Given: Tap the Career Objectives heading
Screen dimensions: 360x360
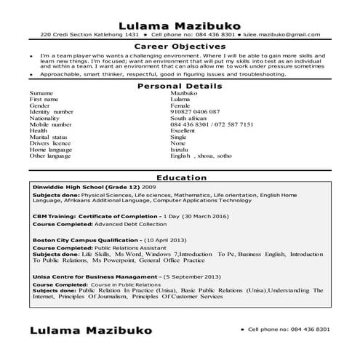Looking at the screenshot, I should tap(180, 47).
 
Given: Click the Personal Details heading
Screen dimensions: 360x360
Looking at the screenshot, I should tap(180, 87).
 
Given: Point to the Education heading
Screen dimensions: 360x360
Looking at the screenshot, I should tap(180, 177).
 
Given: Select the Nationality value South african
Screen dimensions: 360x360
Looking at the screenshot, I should tap(190, 118).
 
